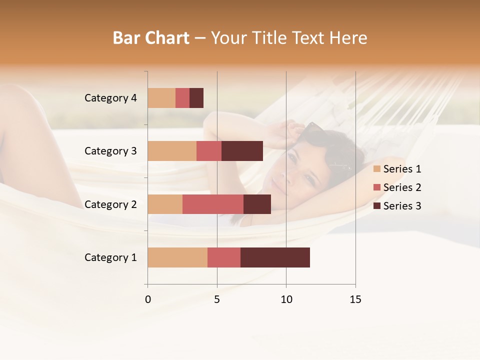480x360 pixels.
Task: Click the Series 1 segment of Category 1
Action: (177, 257)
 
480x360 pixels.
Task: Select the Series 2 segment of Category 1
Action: (224, 257)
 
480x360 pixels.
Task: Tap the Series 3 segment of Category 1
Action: (275, 257)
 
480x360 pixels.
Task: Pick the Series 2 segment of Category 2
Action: (213, 204)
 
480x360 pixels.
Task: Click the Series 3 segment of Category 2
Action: (257, 204)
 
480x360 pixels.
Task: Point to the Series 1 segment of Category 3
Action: (172, 151)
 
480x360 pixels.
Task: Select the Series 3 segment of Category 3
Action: (242, 151)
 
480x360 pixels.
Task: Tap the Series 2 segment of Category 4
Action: (182, 98)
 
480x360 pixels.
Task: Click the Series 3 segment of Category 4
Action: (196, 98)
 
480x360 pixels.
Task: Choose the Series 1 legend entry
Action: (397, 169)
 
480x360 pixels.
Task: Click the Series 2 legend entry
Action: (397, 187)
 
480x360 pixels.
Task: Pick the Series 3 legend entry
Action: (397, 206)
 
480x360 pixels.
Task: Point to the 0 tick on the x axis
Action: (148, 299)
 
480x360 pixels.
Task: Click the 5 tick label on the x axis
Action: (217, 299)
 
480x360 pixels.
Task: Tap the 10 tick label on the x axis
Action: (286, 299)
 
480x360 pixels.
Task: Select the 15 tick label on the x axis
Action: (355, 299)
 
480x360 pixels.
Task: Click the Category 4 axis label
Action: (110, 98)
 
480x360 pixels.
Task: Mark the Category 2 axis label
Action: (110, 204)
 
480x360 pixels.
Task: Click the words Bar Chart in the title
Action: (151, 38)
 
